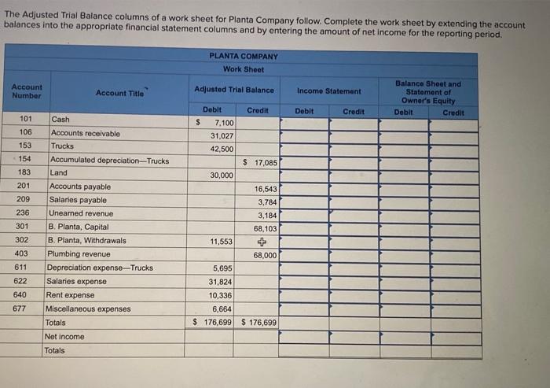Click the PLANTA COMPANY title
(244, 57)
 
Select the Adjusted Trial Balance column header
(234, 90)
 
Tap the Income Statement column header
(329, 91)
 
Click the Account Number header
(27, 91)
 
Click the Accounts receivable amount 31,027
(221, 136)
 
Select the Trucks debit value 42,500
(221, 149)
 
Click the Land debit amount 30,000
(221, 176)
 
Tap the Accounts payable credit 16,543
(266, 189)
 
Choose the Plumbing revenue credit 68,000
(265, 255)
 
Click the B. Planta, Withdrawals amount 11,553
(221, 241)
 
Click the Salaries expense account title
(77, 281)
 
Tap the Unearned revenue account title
(80, 213)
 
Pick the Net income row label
(64, 337)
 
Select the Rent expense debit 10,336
(221, 295)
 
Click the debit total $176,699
(214, 323)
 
